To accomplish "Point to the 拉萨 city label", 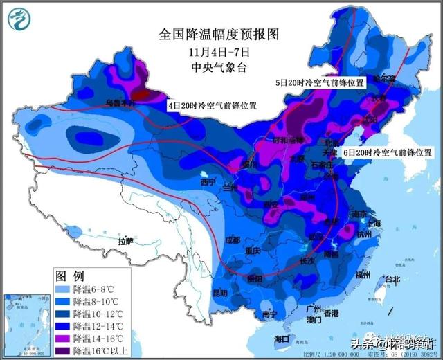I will pos(125,242).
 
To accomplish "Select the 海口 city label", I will pos(281,339).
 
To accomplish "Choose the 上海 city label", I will pos(374,223).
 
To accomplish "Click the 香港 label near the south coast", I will pos(331,313).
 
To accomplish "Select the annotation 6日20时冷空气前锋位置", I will pos(388,152).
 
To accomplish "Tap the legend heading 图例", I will pos(69,275).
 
